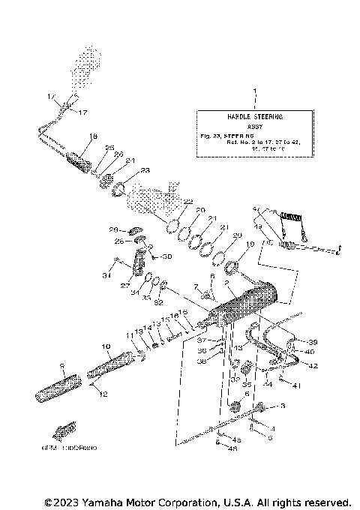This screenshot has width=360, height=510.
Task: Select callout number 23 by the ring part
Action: [145, 170]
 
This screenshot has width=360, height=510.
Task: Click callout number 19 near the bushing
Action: [250, 244]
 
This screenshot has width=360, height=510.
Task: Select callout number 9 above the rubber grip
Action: [63, 367]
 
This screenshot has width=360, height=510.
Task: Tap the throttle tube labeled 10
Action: [109, 367]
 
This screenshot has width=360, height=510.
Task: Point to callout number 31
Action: [106, 276]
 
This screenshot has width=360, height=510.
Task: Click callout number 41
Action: [297, 386]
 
